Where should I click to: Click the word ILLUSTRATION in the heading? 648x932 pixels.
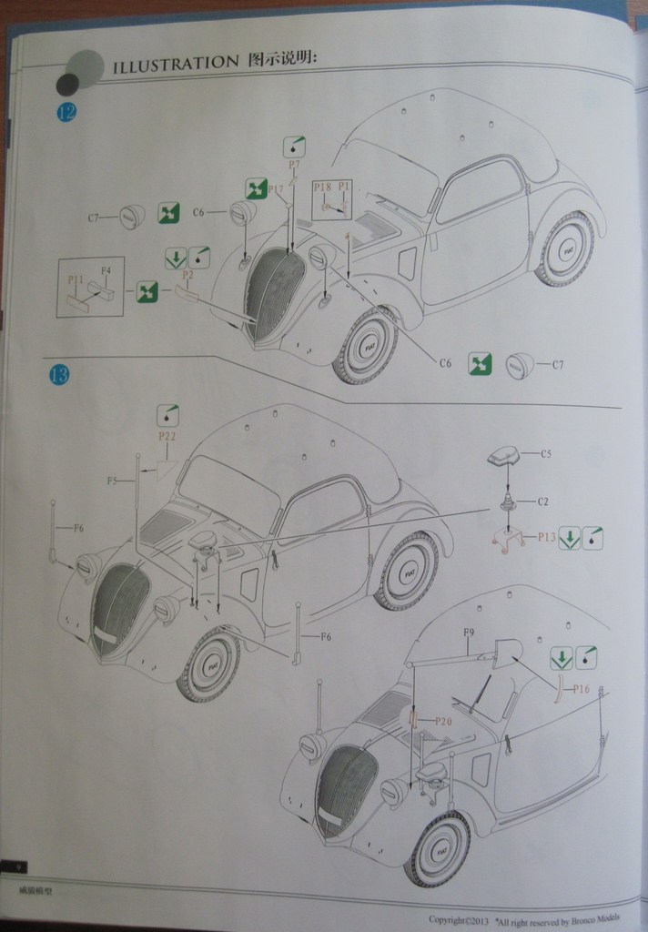[174, 63]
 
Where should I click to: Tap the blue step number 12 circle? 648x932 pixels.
[66, 113]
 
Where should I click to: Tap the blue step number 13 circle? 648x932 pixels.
[58, 374]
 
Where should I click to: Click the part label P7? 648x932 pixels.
[294, 165]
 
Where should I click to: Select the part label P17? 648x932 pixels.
[278, 188]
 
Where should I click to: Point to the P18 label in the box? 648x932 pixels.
[322, 187]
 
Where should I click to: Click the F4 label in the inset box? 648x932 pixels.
[106, 270]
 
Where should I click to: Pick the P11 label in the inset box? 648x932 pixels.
[76, 279]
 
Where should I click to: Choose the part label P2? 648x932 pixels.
[188, 274]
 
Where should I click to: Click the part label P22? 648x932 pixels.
[167, 437]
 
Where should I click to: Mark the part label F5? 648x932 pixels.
[112, 481]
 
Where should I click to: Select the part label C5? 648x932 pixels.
[546, 453]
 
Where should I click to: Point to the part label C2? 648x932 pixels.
[542, 501]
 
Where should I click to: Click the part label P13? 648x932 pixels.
[546, 537]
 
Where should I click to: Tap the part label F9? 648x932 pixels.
[470, 632]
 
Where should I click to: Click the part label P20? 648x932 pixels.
[443, 721]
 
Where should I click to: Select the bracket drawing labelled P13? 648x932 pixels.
[510, 539]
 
